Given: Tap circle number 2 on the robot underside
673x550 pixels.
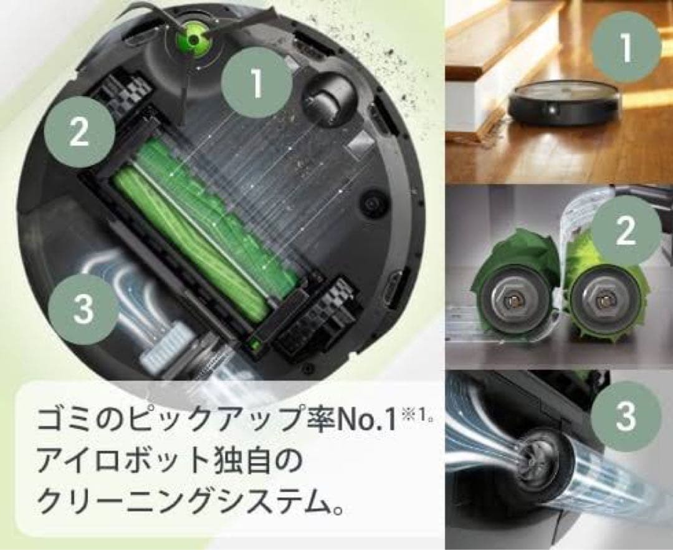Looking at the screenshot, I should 79,132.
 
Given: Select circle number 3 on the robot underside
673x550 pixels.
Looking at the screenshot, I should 83,309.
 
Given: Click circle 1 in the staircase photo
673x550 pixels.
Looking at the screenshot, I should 625,47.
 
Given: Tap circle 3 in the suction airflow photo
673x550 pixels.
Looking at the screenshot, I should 625,415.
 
